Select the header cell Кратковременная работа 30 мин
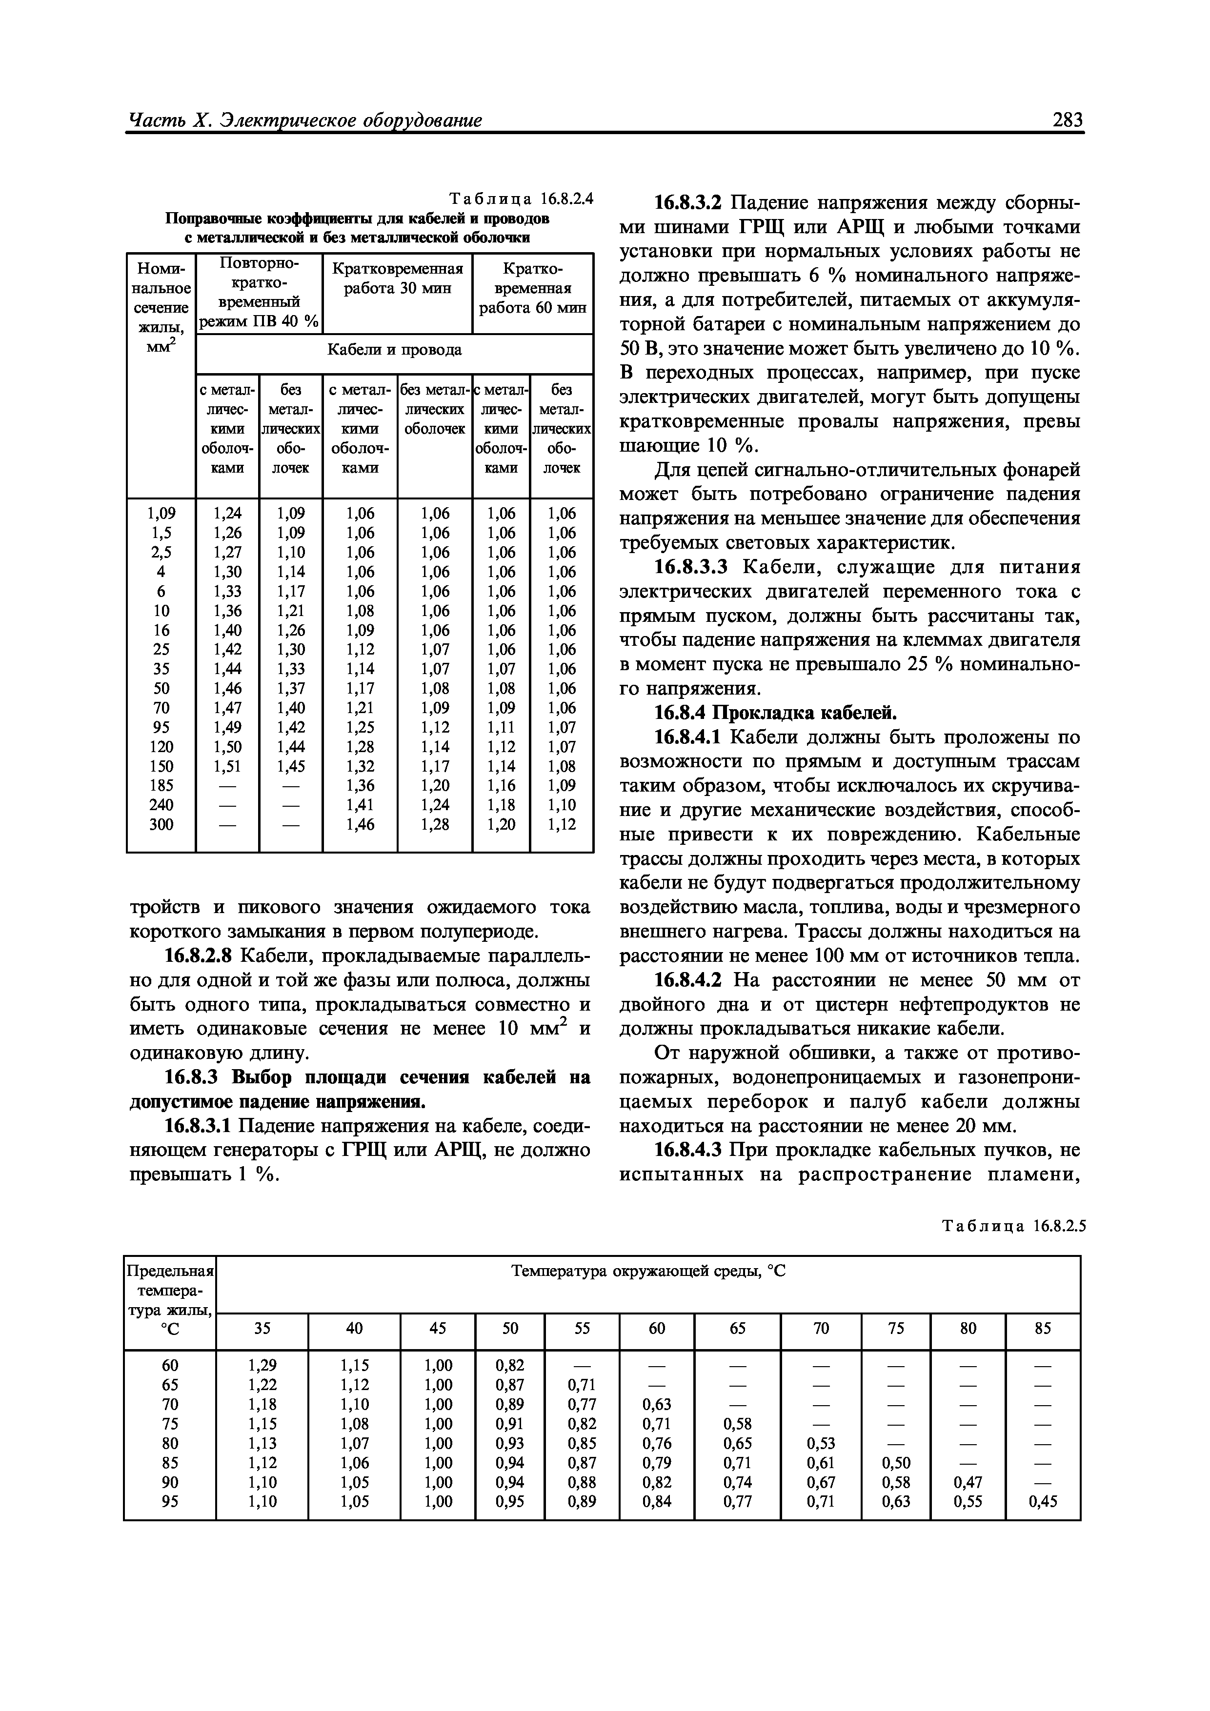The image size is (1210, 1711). coord(397,278)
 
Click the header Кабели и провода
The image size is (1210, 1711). coord(394,350)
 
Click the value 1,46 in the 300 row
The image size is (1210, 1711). coord(360,824)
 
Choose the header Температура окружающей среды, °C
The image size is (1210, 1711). coord(648,1272)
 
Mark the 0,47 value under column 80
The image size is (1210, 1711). coord(968,1482)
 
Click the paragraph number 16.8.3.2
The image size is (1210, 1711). coord(688,203)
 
